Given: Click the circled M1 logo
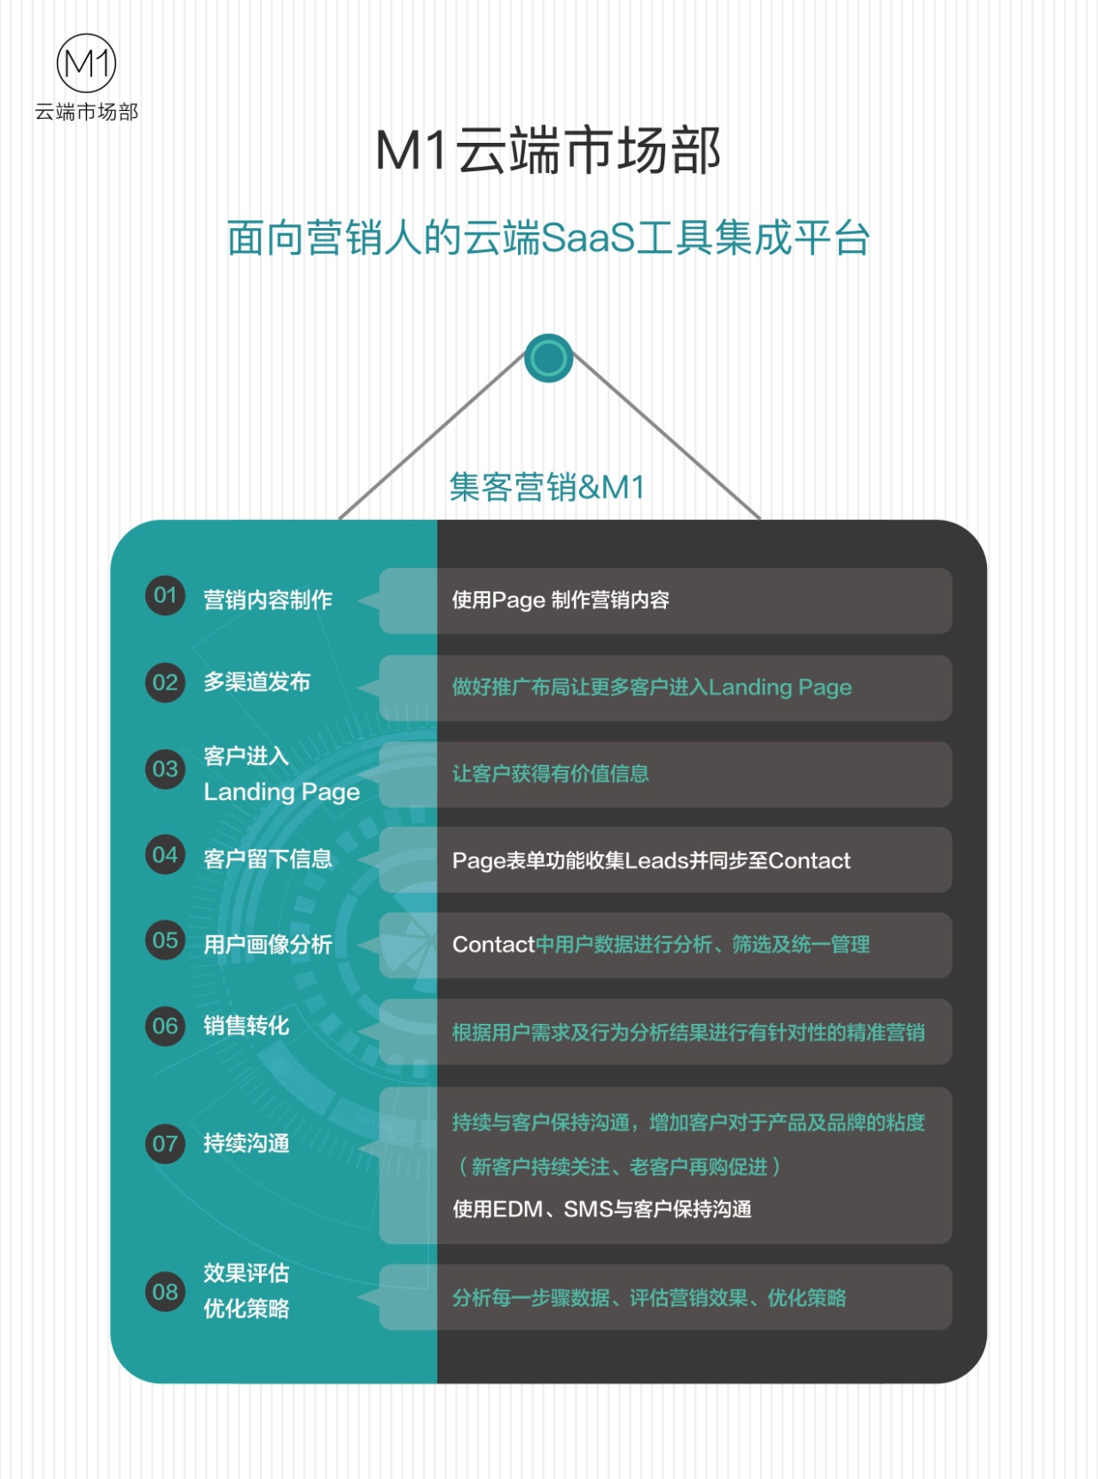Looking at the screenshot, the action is coord(87,63).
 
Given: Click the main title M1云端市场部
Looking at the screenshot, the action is coord(548,151).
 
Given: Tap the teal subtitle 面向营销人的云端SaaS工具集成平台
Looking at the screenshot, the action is coord(548,238).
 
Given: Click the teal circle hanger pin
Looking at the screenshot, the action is coord(549,358).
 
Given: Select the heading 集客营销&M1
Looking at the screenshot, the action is coord(547,487).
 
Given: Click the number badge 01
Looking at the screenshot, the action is coord(165,595).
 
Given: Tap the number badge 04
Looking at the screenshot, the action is coord(165,855).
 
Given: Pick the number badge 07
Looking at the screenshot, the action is coord(165,1145).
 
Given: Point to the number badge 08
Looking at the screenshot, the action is coord(165,1293).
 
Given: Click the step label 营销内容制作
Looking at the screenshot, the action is coord(268,600).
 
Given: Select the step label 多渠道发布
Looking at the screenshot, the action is coord(257,682).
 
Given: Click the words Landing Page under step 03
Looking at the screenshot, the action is coord(281,792).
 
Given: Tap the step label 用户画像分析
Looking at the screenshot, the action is coord(268,945).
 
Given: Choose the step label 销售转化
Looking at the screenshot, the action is coord(247,1026).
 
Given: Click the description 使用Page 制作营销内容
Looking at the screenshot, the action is coord(561,600).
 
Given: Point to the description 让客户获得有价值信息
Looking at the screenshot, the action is coord(551,774).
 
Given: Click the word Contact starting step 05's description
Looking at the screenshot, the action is coord(494,945).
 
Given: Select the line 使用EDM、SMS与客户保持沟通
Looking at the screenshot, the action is coord(602,1209).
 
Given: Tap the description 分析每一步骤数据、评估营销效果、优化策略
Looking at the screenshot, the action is coord(649,1298).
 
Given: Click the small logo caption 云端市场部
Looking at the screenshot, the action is coord(87,112).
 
